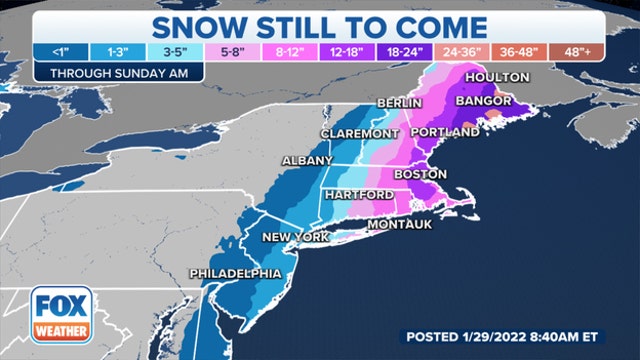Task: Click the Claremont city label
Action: click(360, 133)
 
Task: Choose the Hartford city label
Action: click(355, 195)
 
